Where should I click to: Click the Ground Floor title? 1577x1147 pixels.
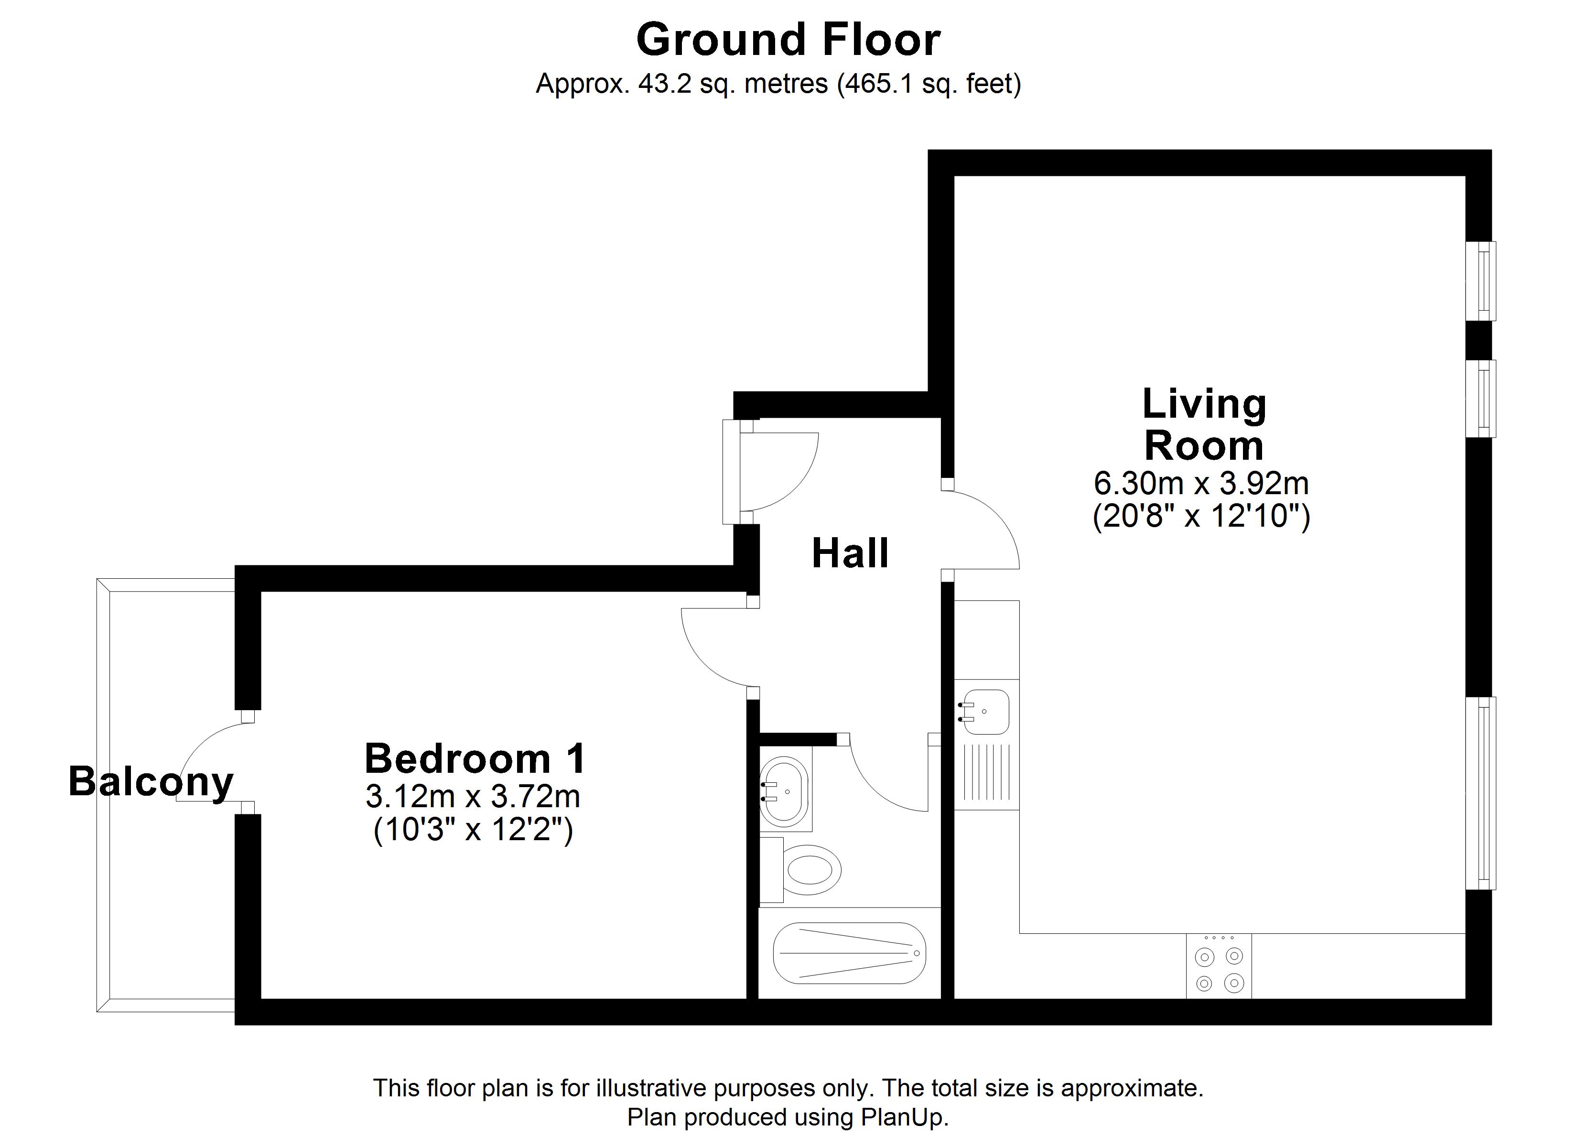(x=788, y=40)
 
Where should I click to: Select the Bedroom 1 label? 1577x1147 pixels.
(x=475, y=758)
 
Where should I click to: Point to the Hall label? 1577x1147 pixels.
(x=850, y=554)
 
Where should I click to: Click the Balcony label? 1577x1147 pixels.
(x=151, y=782)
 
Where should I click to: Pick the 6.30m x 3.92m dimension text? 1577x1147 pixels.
(x=1201, y=483)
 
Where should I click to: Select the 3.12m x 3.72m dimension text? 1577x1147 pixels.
(x=473, y=796)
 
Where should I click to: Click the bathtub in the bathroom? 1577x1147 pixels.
(x=849, y=953)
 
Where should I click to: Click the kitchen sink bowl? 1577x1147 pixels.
(x=984, y=712)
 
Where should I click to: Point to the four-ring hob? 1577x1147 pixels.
(x=1219, y=966)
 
